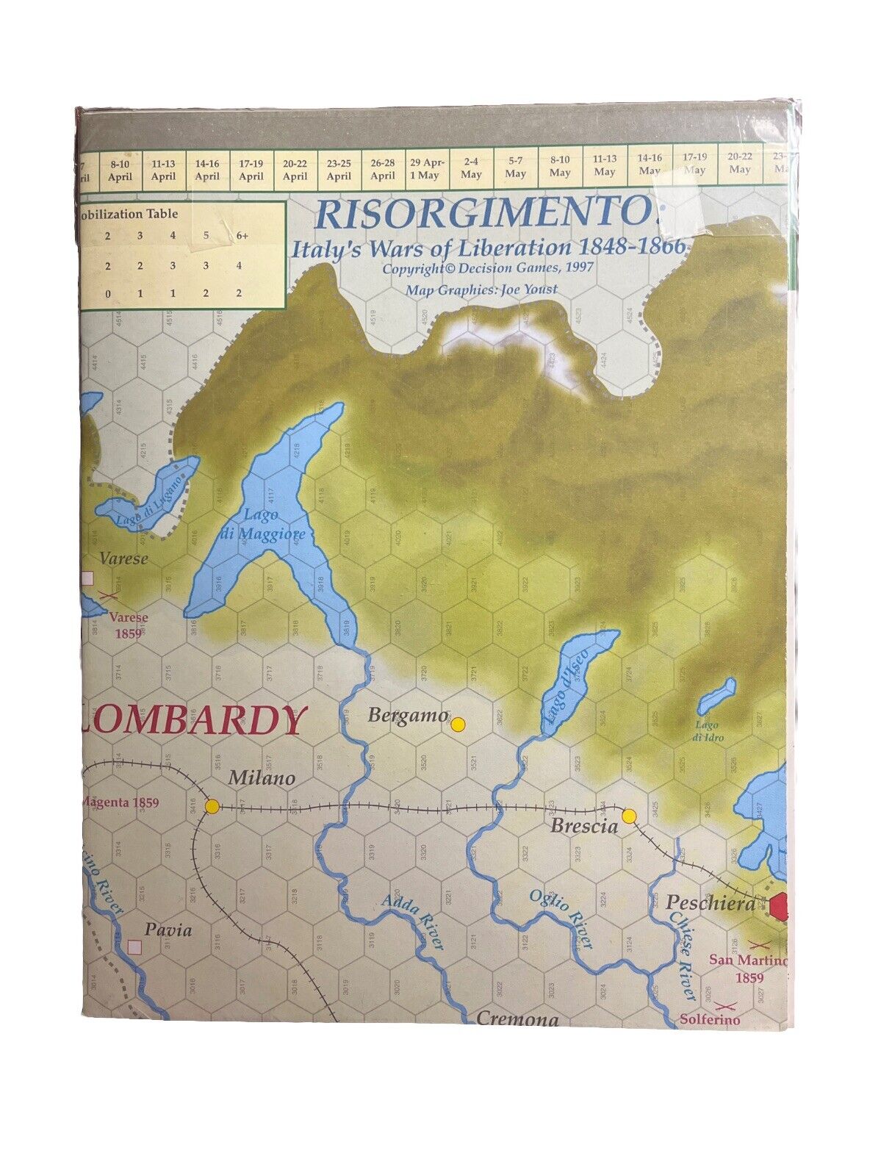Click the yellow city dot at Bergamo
tap(458, 725)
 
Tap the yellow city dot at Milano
tap(212, 806)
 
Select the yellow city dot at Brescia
tap(628, 816)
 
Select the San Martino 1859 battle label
tap(747, 969)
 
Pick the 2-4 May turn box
tap(471, 169)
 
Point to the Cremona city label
tap(517, 1018)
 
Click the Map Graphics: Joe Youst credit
tap(481, 289)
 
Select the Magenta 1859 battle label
tap(121, 803)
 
